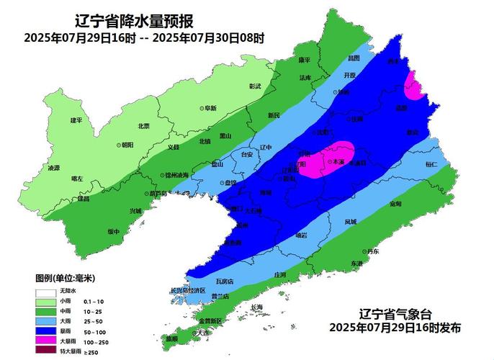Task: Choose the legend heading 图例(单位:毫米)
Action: (66, 277)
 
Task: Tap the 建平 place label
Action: (67, 120)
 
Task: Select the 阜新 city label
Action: (210, 108)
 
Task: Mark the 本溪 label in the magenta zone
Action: (338, 163)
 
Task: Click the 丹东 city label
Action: (372, 251)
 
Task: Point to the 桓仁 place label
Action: (431, 165)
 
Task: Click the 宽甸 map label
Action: (395, 204)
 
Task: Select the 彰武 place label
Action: (254, 86)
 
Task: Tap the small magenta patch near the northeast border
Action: (414, 86)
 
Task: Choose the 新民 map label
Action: (274, 115)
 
